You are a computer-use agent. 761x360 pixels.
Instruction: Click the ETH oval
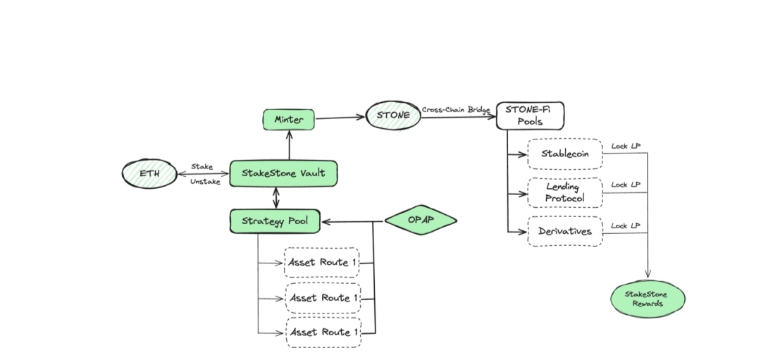(149, 173)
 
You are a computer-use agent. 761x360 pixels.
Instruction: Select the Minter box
(289, 120)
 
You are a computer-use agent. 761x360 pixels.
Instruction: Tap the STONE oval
(392, 115)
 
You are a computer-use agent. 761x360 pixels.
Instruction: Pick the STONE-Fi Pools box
(530, 116)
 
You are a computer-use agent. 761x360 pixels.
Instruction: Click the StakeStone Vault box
(283, 173)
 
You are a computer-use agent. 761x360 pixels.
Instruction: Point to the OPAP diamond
(420, 220)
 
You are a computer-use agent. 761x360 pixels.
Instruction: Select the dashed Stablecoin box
(565, 154)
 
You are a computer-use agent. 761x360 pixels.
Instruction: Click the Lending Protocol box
(565, 192)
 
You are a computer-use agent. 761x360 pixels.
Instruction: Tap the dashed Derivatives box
(565, 231)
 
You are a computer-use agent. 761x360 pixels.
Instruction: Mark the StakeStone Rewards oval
(648, 298)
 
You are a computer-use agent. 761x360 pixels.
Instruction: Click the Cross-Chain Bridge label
(456, 110)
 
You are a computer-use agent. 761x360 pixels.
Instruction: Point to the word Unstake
(205, 182)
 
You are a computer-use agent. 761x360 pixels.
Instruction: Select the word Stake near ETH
(202, 167)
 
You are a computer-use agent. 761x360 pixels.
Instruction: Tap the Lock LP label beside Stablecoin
(626, 146)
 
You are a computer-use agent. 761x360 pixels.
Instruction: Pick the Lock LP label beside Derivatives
(626, 225)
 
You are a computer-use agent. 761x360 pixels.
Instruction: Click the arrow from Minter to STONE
(340, 118)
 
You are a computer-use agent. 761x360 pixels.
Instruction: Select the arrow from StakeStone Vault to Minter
(288, 146)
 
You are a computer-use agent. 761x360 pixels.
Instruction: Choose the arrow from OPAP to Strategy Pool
(352, 222)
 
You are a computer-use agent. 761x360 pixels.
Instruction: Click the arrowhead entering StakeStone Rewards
(648, 276)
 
